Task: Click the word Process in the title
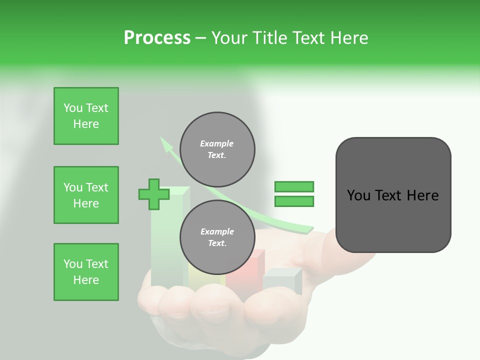pos(157,38)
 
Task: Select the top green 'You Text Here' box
pos(86,116)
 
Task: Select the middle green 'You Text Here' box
pos(86,195)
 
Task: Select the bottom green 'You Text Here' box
pos(86,272)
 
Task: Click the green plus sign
pos(153,194)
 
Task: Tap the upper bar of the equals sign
pos(294,186)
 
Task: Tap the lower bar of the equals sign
pos(294,201)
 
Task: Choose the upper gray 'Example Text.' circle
pos(217,149)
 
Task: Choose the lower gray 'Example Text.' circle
pos(217,237)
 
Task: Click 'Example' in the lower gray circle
pos(217,231)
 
